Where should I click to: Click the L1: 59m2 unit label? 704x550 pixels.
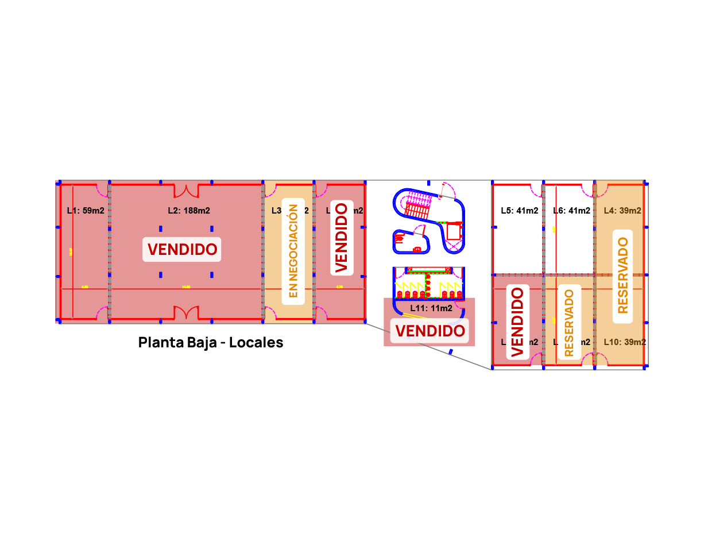pyautogui.click(x=86, y=211)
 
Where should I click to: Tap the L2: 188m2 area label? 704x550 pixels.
pyautogui.click(x=189, y=211)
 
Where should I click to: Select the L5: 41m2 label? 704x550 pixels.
pyautogui.click(x=519, y=211)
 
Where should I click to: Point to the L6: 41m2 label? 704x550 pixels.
pyautogui.click(x=571, y=211)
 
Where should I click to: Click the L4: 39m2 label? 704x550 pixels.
pyautogui.click(x=622, y=211)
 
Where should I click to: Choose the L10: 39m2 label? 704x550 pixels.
pyautogui.click(x=625, y=342)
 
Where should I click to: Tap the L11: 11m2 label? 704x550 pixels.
pyautogui.click(x=431, y=308)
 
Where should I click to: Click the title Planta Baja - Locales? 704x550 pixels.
pyautogui.click(x=211, y=342)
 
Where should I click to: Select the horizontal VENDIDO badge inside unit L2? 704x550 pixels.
pyautogui.click(x=182, y=249)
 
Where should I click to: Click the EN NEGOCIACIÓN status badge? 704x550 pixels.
pyautogui.click(x=293, y=251)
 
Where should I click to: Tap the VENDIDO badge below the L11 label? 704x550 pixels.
pyautogui.click(x=430, y=331)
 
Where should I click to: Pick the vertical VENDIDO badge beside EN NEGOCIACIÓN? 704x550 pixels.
pyautogui.click(x=342, y=237)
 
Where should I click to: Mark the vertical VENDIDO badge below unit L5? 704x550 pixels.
pyautogui.click(x=517, y=322)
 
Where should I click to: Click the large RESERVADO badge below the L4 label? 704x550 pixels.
pyautogui.click(x=622, y=275)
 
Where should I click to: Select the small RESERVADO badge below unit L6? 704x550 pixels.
pyautogui.click(x=569, y=323)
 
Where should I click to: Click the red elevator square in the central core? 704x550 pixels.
pyautogui.click(x=454, y=231)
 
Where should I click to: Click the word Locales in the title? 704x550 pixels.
pyautogui.click(x=256, y=342)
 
